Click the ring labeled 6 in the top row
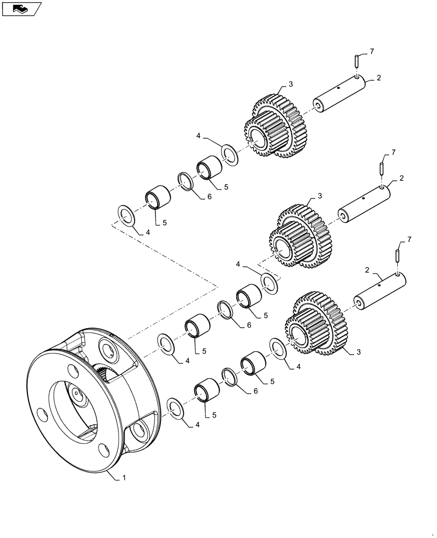[x=184, y=181]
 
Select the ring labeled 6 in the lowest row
[x=228, y=377]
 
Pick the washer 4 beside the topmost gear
[x=229, y=154]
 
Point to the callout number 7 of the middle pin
[x=393, y=153]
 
